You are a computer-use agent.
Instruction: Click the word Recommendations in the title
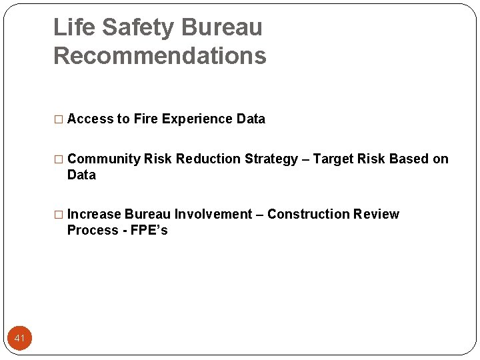(x=159, y=56)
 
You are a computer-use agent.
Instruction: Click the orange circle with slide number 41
(x=19, y=338)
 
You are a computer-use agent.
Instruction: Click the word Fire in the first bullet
(x=145, y=119)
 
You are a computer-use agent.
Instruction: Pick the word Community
(x=104, y=159)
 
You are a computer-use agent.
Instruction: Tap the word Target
(x=333, y=159)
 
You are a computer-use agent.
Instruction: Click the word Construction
(x=309, y=215)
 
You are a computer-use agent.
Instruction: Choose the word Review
(x=377, y=215)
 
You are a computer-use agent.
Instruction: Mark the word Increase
(x=94, y=215)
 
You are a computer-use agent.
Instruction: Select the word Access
(x=90, y=119)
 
